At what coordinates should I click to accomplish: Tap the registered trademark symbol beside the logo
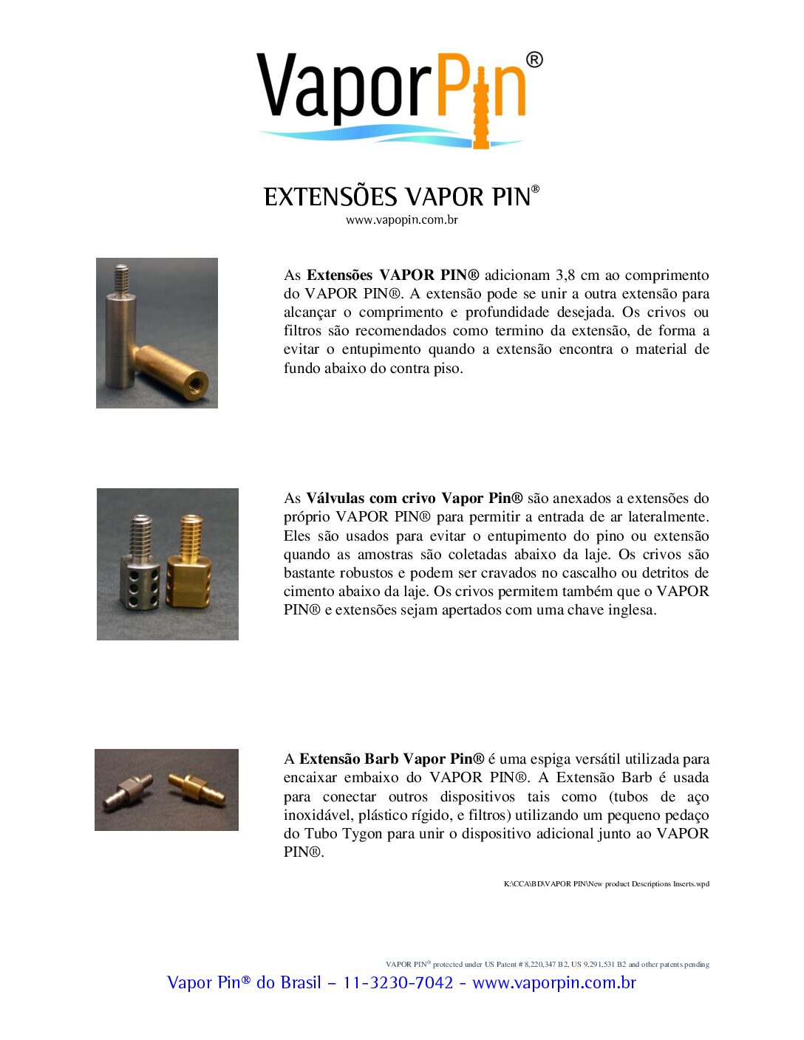(534, 60)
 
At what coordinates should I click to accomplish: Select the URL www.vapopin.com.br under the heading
(401, 220)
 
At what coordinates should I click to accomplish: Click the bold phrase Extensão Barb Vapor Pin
(392, 759)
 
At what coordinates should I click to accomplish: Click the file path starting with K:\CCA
(606, 884)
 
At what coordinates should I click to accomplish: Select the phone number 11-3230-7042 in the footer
(398, 983)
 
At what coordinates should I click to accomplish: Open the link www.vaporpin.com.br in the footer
(554, 983)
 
